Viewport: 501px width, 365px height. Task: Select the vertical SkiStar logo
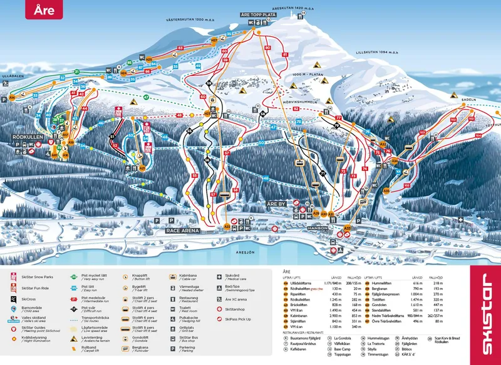point(484,314)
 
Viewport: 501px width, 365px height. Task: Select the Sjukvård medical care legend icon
point(219,276)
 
